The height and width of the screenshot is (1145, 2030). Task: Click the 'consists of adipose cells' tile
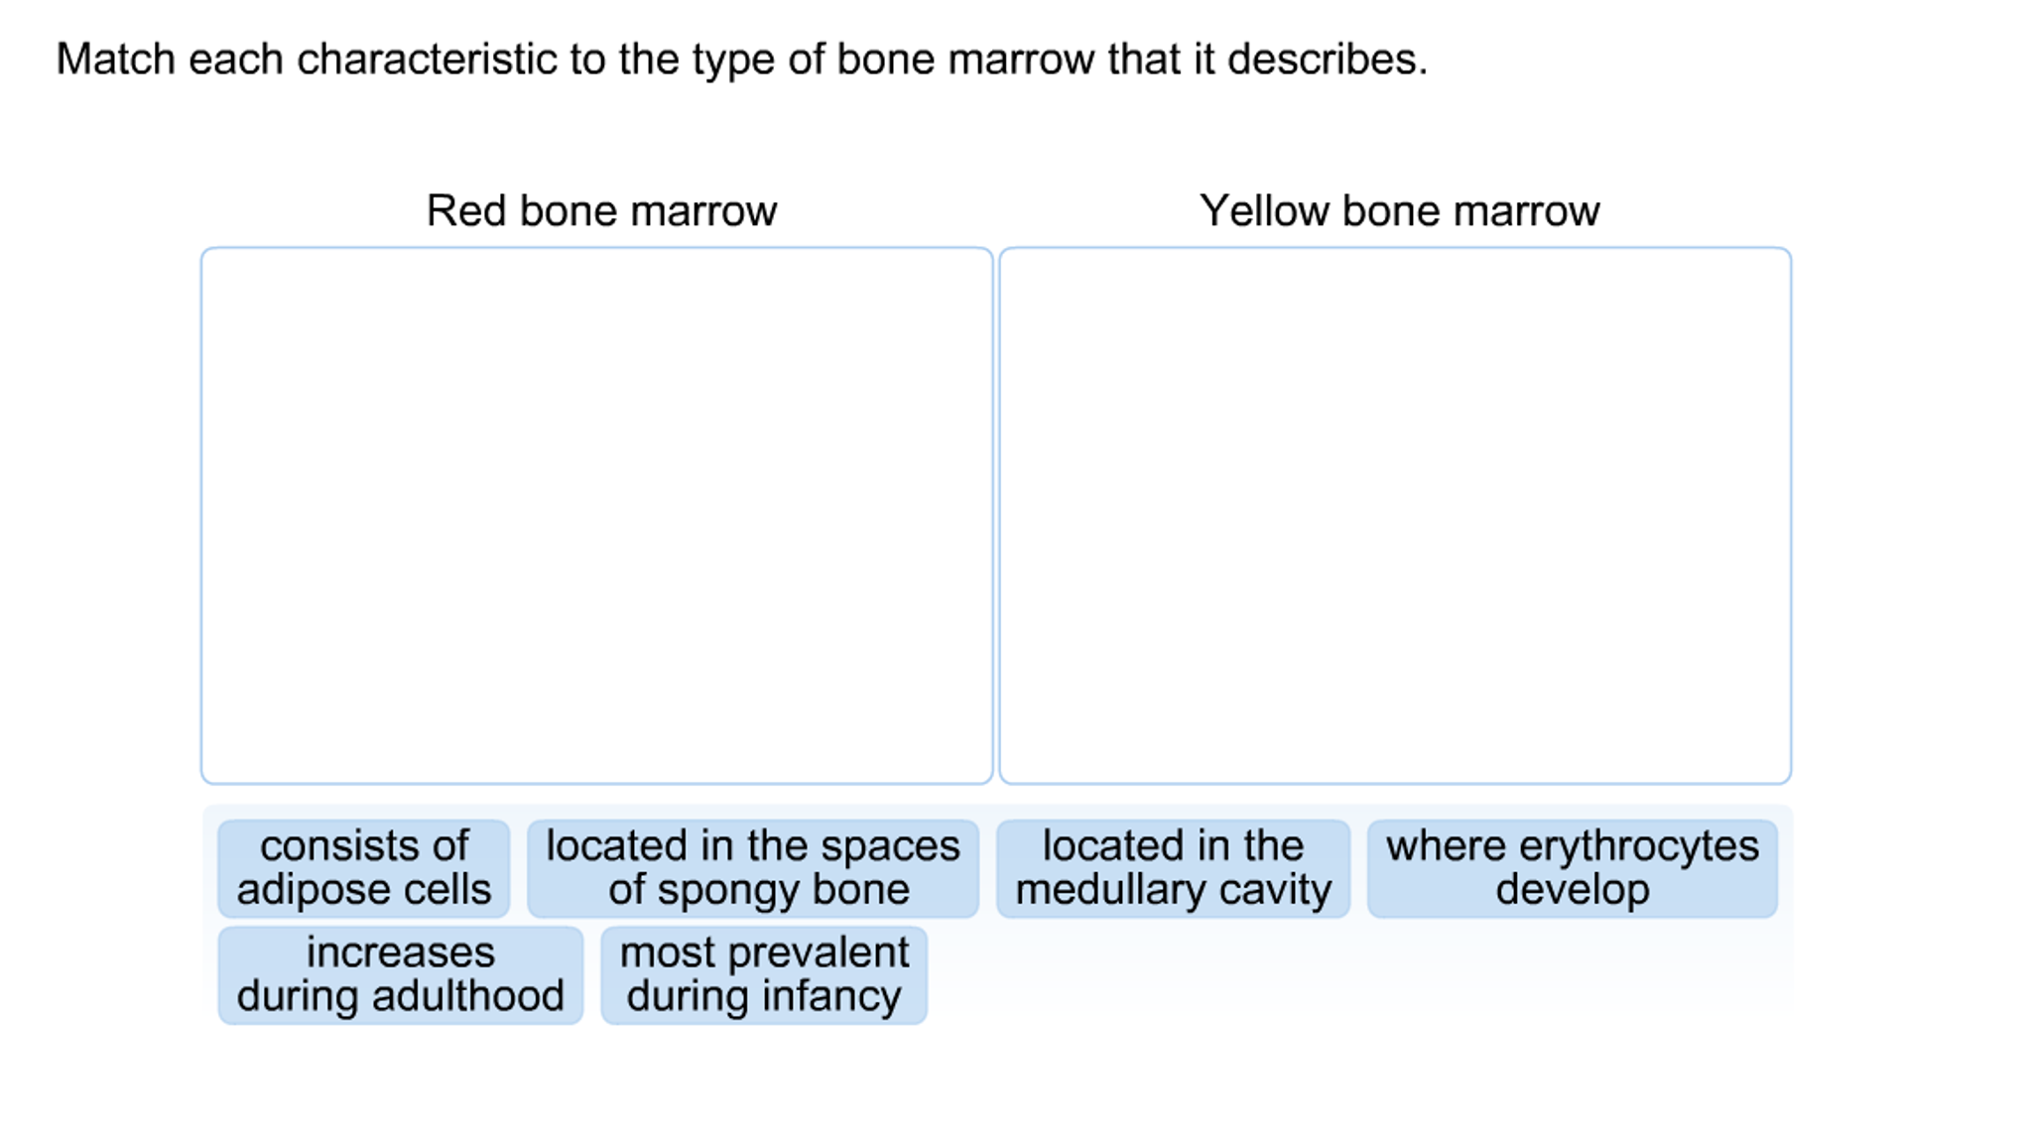pos(363,868)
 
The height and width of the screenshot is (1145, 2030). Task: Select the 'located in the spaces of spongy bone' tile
pos(752,868)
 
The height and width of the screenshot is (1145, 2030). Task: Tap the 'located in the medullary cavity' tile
pos(1173,868)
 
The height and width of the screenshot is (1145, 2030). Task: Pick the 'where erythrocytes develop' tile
pos(1572,868)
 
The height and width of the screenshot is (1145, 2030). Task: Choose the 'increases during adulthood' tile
pos(400,974)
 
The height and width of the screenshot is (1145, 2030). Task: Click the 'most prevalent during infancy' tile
pos(764,974)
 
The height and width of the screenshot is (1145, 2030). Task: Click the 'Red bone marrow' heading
pos(601,211)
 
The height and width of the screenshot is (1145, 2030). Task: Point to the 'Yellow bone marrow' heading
pos(1399,211)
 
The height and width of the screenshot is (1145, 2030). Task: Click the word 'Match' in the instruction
pos(115,60)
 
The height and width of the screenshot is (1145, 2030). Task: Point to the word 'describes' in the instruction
pos(1325,60)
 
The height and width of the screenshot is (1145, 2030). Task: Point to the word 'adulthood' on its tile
pos(468,996)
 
